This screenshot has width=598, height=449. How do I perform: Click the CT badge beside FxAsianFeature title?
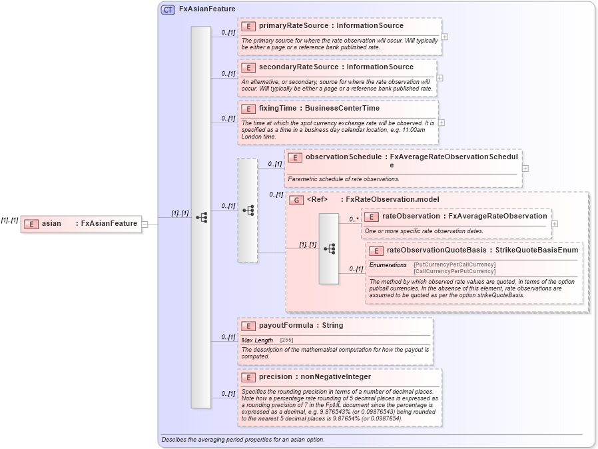tap(168, 9)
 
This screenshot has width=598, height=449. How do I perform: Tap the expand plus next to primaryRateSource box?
tap(445, 37)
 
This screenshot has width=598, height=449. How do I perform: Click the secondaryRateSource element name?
tap(289, 67)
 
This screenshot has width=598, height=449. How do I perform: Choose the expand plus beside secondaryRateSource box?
tap(440, 78)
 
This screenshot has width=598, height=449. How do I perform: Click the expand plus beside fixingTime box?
tap(442, 123)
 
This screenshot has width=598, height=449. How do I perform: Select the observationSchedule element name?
tap(343, 157)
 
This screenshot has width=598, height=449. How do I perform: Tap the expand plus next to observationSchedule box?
tap(525, 168)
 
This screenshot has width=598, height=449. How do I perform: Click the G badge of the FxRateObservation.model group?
tap(296, 200)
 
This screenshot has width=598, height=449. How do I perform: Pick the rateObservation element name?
tap(411, 216)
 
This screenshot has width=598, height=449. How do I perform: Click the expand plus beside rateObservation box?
tap(555, 224)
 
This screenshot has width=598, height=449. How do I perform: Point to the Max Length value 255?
tap(286, 340)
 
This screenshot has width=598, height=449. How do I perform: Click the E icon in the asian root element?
tap(31, 224)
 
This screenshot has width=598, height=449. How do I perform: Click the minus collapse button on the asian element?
tap(145, 224)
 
